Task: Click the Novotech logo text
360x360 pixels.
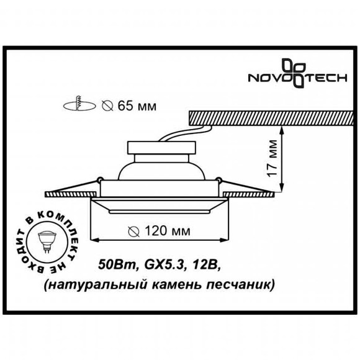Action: (x=297, y=79)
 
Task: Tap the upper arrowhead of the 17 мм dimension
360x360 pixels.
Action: (x=282, y=128)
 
